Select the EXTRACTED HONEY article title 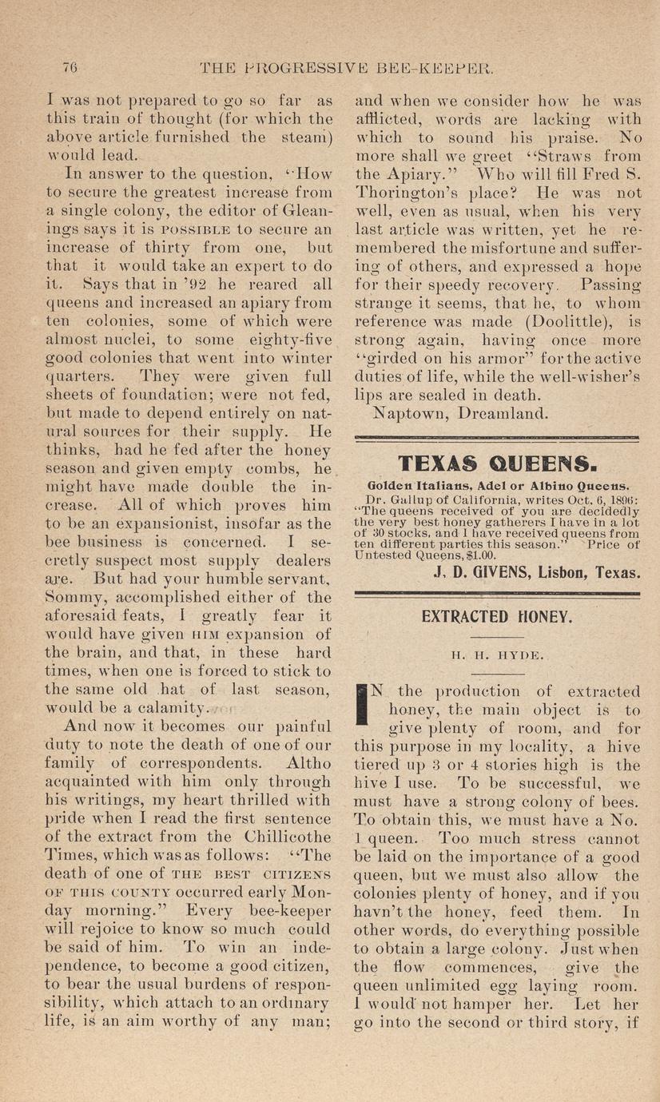pyautogui.click(x=496, y=616)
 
